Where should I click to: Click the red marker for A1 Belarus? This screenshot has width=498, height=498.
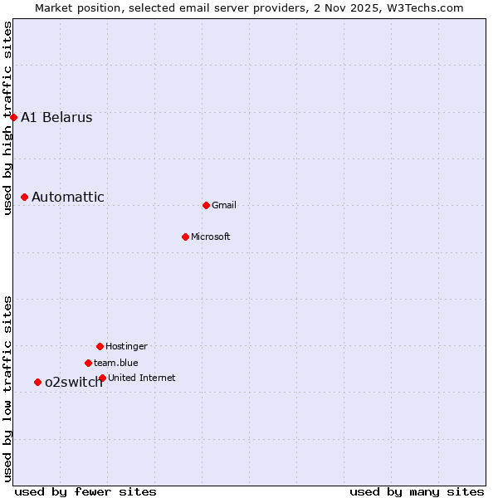[x=13, y=117]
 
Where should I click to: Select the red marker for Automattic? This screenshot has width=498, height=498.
[x=25, y=197]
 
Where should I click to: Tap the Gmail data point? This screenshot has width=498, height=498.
[x=206, y=205]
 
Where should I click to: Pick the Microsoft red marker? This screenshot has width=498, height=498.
[x=185, y=237]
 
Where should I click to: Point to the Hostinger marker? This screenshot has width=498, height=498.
[x=100, y=346]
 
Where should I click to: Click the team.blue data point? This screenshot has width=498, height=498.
[x=88, y=363]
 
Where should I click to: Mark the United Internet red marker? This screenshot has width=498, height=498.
[x=102, y=378]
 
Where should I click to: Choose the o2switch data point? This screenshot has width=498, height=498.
[x=37, y=382]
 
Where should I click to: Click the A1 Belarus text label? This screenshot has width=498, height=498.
[x=56, y=117]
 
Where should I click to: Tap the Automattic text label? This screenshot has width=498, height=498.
[x=68, y=197]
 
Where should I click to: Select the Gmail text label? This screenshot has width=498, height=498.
[x=224, y=205]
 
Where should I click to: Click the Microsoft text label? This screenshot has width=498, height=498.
[x=211, y=237]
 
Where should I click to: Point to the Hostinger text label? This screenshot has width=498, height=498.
[x=126, y=346]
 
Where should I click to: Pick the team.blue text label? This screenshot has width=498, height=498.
[x=116, y=363]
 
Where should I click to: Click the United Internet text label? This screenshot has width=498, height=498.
[x=142, y=378]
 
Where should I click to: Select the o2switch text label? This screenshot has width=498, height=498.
[x=73, y=382]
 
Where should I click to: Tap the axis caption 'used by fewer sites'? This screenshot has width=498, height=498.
[x=85, y=491]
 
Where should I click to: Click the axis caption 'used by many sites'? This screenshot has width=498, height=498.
[x=417, y=491]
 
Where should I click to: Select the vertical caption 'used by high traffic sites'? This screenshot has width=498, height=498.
[x=7, y=118]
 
